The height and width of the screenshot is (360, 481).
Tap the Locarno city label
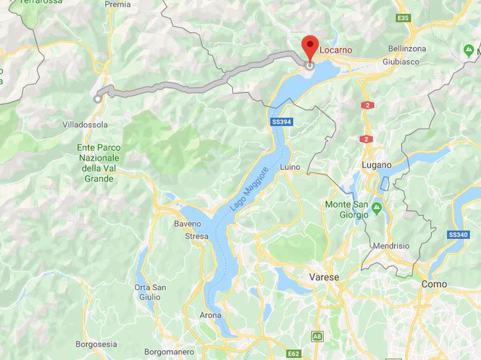[336, 50]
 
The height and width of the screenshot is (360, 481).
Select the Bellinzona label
[404, 49]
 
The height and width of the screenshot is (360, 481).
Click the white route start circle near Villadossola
[97, 99]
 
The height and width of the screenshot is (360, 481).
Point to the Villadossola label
[85, 124]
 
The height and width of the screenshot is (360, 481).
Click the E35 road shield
[403, 18]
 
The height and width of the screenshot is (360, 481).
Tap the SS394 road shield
[282, 122]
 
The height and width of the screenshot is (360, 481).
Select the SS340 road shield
[457, 234]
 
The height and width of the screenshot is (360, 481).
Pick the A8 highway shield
[317, 336]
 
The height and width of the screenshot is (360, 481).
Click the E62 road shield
[293, 353]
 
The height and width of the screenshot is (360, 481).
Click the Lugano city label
[376, 165]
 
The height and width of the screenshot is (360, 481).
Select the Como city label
[434, 284]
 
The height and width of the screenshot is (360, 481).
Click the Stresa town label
[197, 236]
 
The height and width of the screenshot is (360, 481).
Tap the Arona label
[211, 315]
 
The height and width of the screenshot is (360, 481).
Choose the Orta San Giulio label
[150, 292]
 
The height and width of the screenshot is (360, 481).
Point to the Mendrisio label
[391, 246]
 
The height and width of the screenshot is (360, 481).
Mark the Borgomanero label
[169, 352]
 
